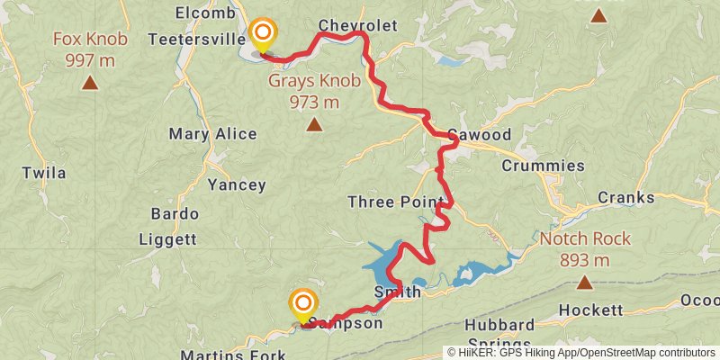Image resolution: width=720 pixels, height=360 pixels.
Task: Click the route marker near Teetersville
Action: (x=262, y=37)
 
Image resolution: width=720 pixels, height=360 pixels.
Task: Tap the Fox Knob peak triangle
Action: (x=90, y=84)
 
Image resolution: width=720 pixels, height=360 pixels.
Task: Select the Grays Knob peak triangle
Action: (x=314, y=124)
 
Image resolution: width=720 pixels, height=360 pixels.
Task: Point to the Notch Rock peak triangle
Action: (x=585, y=283)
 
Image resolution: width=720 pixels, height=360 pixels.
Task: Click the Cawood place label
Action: (x=479, y=135)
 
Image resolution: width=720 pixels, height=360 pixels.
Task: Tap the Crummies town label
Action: (x=543, y=166)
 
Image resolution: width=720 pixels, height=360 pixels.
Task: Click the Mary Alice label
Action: (x=212, y=134)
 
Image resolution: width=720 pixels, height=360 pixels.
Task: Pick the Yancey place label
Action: (x=237, y=185)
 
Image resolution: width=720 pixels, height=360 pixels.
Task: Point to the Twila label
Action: (x=44, y=173)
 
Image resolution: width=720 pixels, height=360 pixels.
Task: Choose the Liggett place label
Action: (x=167, y=239)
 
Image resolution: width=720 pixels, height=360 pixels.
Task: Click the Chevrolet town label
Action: (x=357, y=25)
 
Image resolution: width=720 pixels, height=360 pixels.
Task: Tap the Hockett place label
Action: (x=590, y=310)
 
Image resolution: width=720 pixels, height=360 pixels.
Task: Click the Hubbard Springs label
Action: (x=499, y=334)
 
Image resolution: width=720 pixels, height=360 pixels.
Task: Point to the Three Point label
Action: (x=397, y=202)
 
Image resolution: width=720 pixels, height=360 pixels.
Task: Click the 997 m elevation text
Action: (x=90, y=59)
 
